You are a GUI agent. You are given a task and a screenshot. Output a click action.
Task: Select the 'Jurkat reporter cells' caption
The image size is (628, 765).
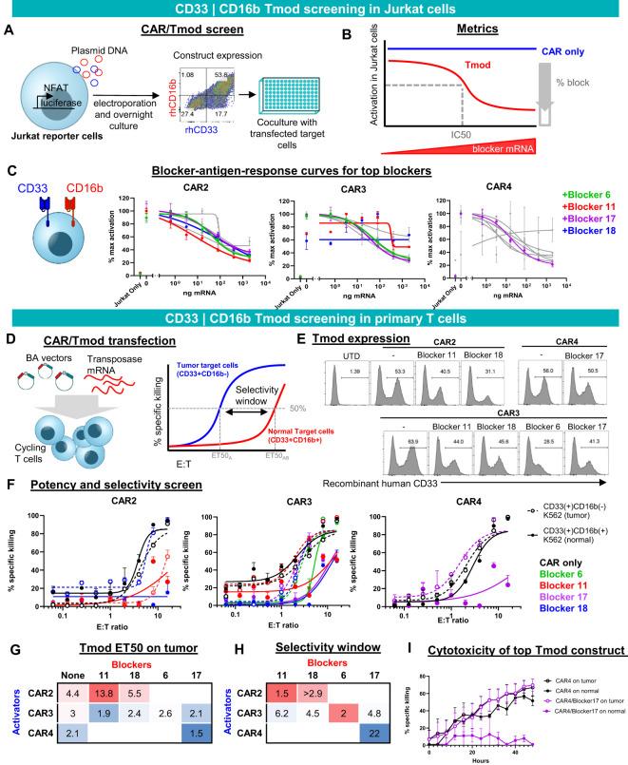(x=53, y=151)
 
